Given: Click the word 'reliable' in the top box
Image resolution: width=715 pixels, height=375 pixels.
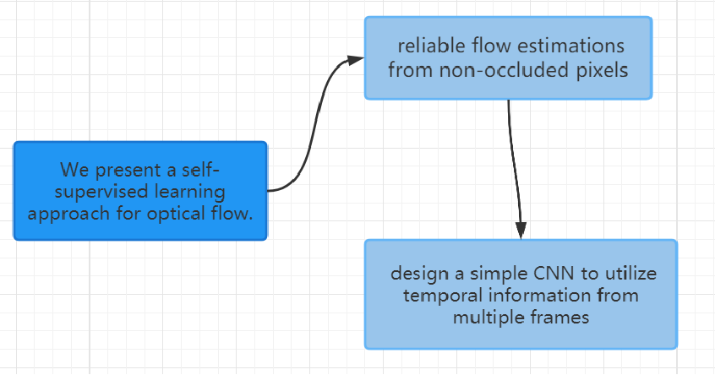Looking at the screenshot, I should (428, 46).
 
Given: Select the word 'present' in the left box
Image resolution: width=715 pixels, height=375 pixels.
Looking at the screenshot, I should (128, 168).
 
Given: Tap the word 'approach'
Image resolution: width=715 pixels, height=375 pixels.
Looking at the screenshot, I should (63, 214).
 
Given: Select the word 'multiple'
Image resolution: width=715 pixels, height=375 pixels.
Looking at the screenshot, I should (485, 318).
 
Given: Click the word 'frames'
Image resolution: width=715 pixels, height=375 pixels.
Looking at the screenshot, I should (562, 318).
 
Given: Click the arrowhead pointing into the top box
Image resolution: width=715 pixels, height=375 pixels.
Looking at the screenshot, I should (357, 60).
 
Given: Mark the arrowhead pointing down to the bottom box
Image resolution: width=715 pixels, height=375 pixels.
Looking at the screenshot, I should (521, 230).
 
